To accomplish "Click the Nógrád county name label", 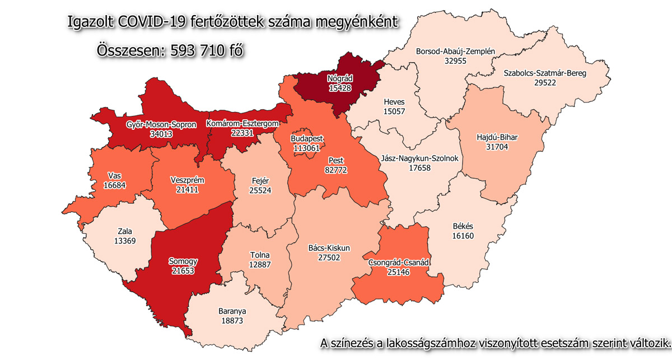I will (340, 79).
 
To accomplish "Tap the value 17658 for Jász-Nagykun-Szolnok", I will (420, 167).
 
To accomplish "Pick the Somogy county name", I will (184, 261).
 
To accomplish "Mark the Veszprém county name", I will (186, 180).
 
